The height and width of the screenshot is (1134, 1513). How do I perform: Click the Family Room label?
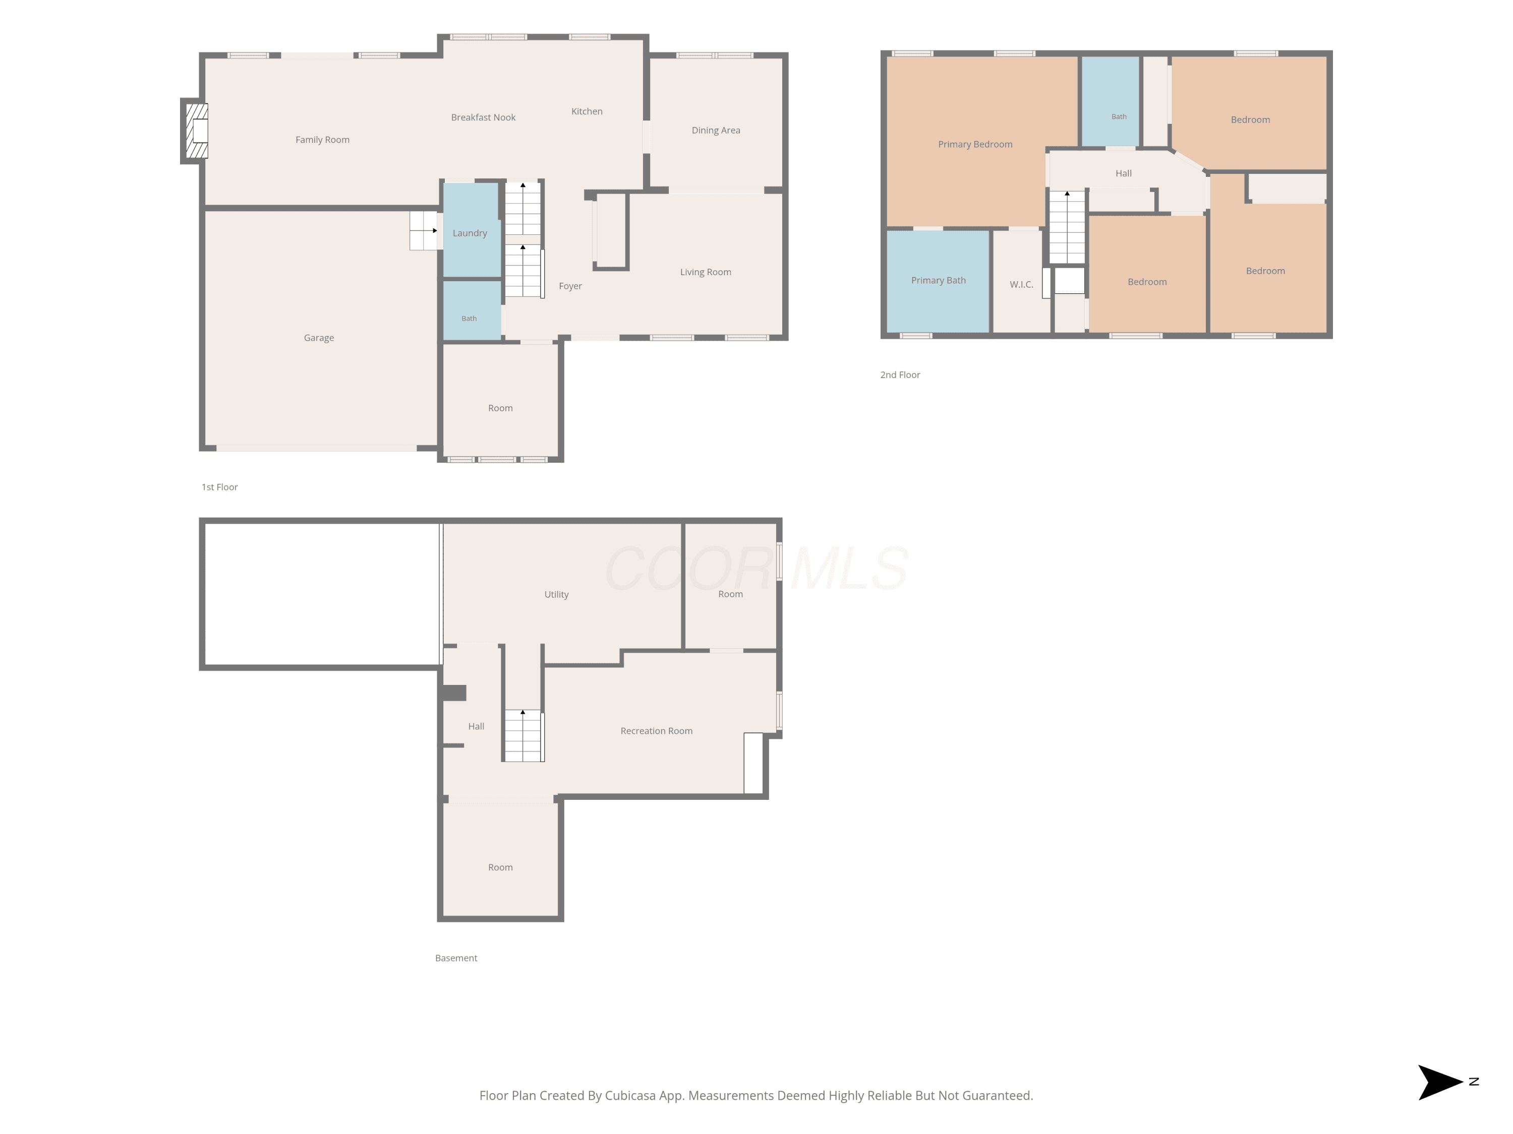point(322,140)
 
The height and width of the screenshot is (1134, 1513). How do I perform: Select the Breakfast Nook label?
point(483,117)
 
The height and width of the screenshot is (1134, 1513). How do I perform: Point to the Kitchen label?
point(587,111)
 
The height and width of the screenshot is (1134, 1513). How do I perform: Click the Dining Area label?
point(716,131)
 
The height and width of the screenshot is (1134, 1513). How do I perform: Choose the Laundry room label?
point(470,233)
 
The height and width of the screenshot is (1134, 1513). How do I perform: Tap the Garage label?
point(319,338)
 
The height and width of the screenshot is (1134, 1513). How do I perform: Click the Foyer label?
point(570,286)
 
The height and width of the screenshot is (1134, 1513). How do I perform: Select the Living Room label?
point(705,272)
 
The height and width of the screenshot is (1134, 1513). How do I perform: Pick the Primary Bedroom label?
point(975,144)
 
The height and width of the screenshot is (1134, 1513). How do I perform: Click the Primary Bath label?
point(939,280)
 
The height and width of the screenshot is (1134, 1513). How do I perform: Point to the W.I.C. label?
point(1021,284)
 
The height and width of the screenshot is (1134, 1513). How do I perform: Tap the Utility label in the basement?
point(556,595)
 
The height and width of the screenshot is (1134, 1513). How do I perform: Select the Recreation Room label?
point(656,731)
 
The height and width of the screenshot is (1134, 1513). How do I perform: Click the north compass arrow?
point(1440,1082)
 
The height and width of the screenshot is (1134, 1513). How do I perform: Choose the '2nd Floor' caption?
point(900,374)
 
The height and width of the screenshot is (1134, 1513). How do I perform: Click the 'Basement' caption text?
point(456,958)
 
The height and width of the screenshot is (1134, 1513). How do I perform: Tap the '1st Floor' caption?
point(219,487)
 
